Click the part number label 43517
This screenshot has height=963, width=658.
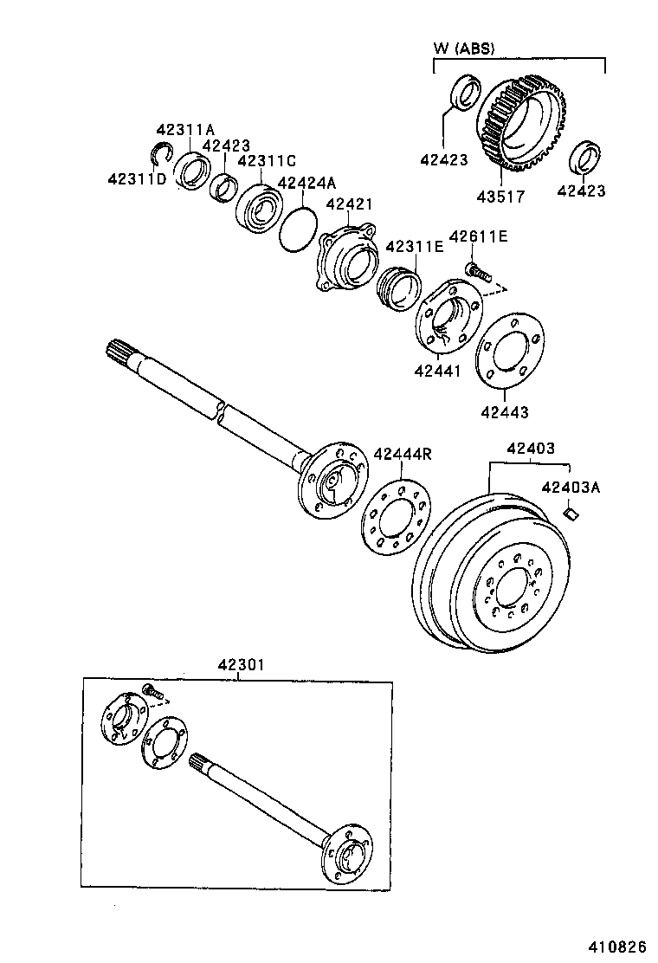tap(501, 197)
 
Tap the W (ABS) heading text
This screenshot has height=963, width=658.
tap(463, 48)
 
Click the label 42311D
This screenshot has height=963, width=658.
tap(137, 178)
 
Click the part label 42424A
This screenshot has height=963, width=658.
tap(306, 183)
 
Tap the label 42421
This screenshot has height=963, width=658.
tap(349, 204)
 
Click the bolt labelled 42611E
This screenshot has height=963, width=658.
tap(479, 271)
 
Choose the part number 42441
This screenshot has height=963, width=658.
tap(437, 371)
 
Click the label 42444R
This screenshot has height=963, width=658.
tap(403, 454)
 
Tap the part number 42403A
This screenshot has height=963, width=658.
tap(571, 488)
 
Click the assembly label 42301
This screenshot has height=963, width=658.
tap(240, 665)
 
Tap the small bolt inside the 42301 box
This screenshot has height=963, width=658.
tap(153, 692)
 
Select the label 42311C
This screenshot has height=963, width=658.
tap(267, 161)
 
